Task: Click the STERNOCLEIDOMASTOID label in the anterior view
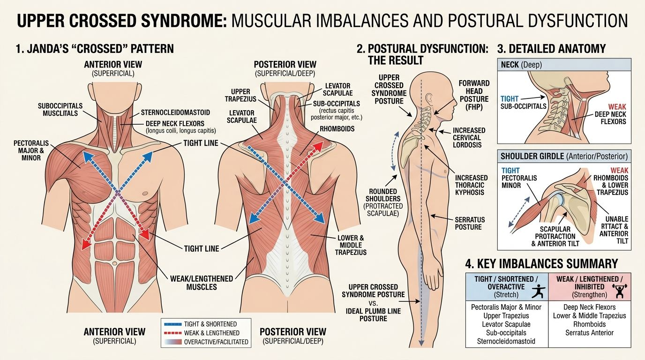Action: tap(175, 112)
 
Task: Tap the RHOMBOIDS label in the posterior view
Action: tap(337, 129)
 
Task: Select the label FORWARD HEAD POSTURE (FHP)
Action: tap(474, 95)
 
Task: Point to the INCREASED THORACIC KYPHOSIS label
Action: tap(472, 185)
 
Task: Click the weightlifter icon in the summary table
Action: tap(619, 291)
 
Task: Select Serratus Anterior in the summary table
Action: tap(589, 333)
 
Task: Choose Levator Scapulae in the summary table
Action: tap(506, 324)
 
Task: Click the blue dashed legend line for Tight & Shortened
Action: tap(173, 324)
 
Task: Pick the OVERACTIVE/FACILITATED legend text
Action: tap(216, 342)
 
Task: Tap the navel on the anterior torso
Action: tap(114, 263)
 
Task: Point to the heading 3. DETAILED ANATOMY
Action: tap(551, 49)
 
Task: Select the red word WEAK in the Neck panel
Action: tap(617, 106)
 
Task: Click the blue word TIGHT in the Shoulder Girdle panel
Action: tap(510, 171)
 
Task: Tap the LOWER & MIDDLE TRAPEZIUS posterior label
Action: tap(351, 245)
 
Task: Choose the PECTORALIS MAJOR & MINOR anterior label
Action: tap(31, 150)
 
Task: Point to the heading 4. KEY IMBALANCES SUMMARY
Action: tap(541, 264)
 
